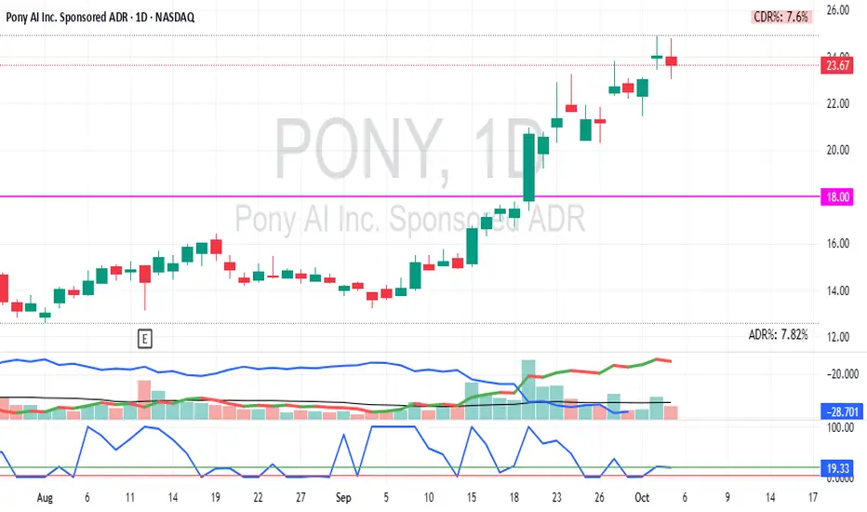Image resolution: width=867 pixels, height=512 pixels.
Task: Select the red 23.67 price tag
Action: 836,65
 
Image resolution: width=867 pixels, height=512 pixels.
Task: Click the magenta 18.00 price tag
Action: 836,196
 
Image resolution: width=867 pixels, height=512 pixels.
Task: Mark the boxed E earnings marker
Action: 145,338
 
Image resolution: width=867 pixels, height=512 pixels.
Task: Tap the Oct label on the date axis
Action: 642,498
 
